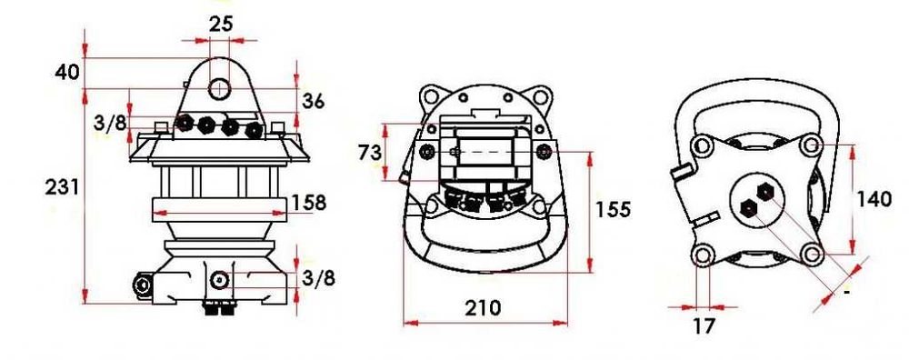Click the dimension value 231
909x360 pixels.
click(62, 187)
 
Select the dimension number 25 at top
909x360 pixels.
click(220, 24)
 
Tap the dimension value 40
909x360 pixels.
click(67, 73)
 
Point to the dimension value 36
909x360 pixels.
click(313, 102)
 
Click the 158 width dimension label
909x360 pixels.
click(308, 203)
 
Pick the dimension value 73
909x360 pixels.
click(370, 153)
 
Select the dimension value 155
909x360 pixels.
click(613, 209)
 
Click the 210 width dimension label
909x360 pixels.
click(483, 307)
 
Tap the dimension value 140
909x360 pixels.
click(874, 199)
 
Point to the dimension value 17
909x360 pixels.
click(704, 325)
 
